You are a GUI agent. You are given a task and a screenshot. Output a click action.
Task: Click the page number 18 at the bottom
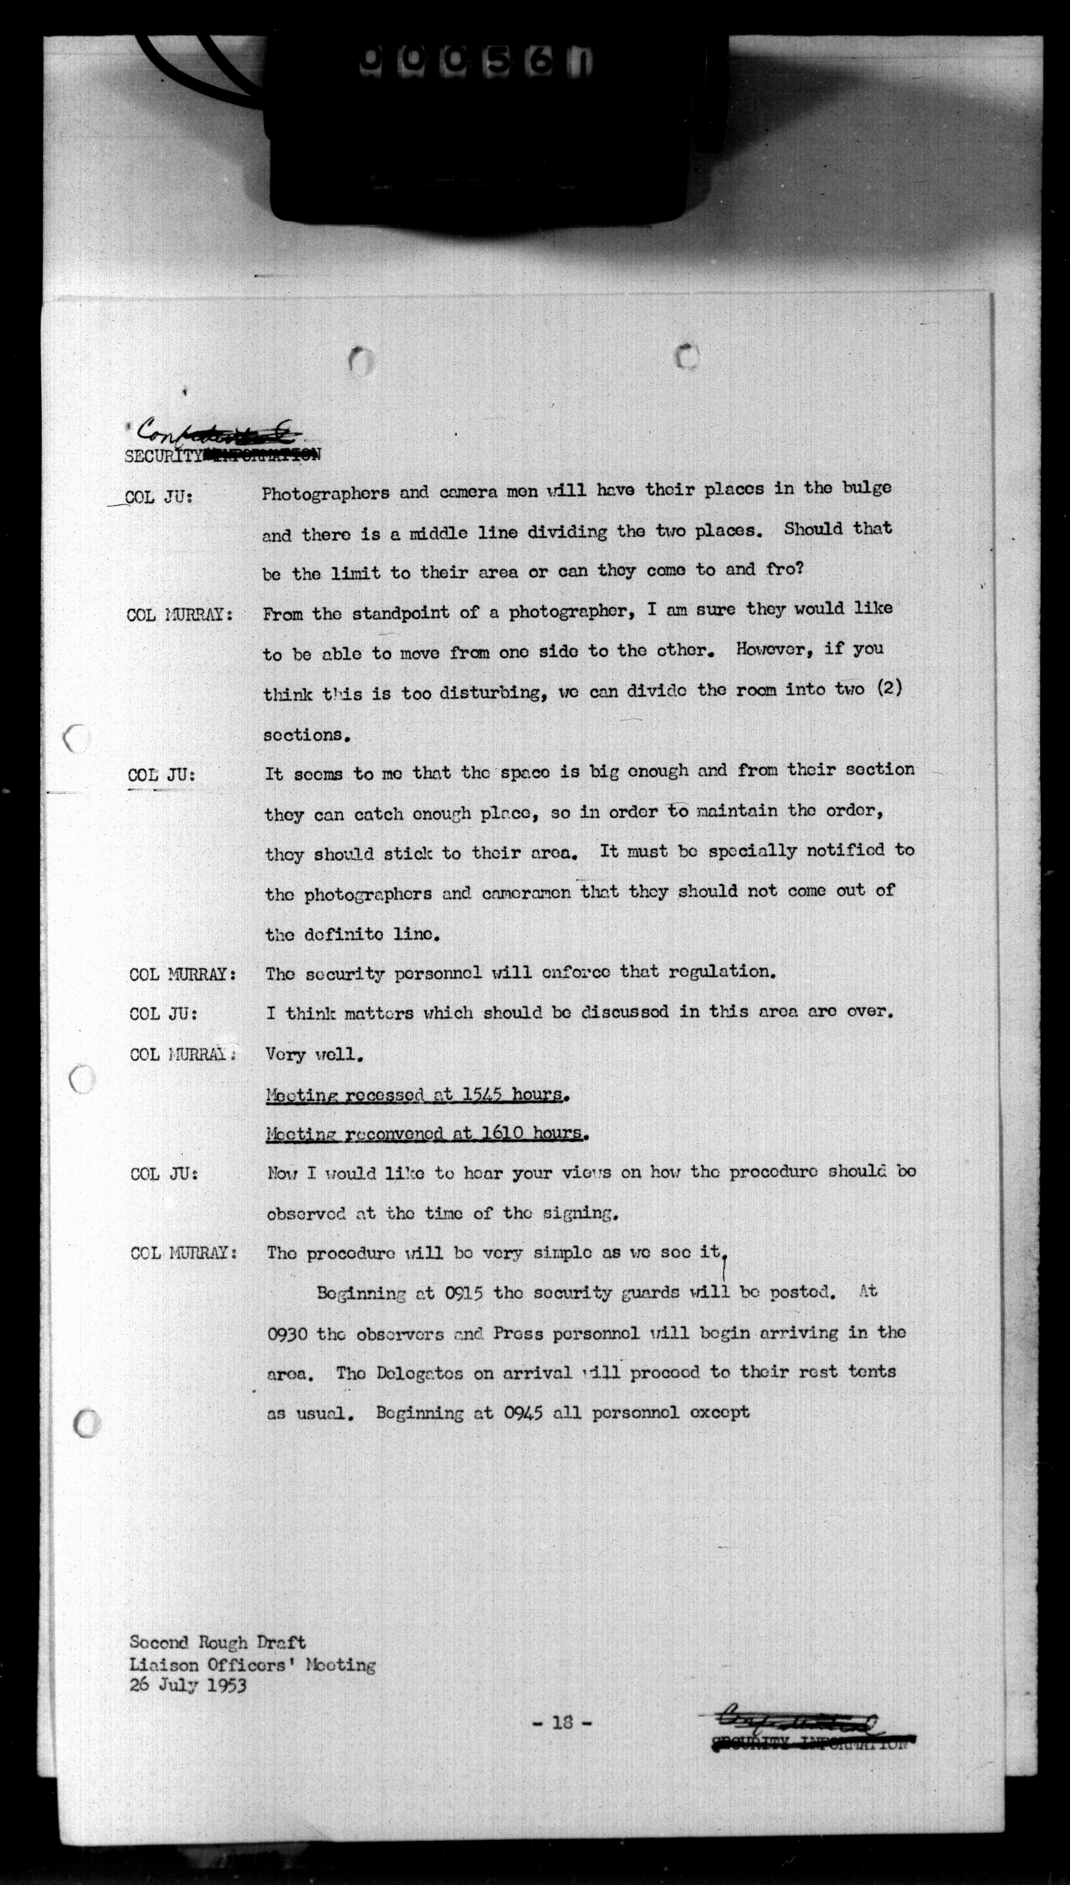coord(562,1722)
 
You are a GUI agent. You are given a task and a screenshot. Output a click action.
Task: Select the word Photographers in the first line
coord(326,493)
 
